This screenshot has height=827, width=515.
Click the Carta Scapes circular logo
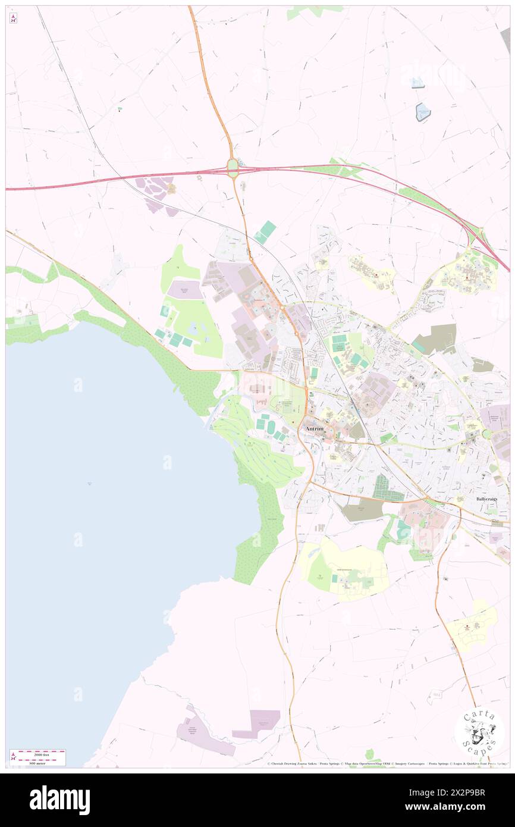tap(479, 732)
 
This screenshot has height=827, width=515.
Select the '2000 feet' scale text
tap(37, 753)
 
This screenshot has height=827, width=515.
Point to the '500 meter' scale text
tap(37, 763)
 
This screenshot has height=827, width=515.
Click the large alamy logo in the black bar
tap(59, 800)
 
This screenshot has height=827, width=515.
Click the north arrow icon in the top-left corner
tap(13, 18)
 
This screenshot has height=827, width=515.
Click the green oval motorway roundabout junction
tap(233, 168)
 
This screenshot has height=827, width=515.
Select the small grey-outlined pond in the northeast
tap(423, 112)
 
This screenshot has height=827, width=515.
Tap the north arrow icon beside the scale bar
tap(13, 757)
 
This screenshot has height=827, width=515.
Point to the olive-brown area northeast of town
tap(435, 339)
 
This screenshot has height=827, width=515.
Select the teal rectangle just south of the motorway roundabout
tap(266, 231)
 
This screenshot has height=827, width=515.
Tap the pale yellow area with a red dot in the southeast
tap(473, 625)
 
